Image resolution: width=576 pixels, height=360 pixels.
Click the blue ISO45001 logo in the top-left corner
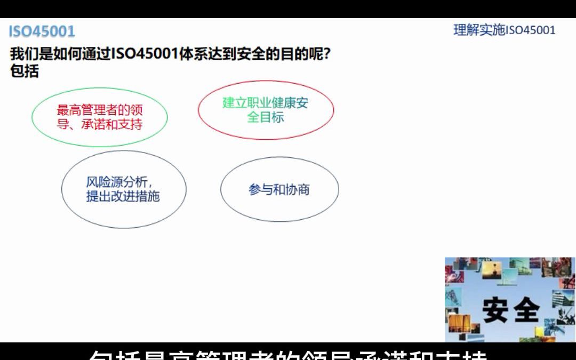coord(42,31)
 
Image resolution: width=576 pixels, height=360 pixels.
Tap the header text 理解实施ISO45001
coord(504,30)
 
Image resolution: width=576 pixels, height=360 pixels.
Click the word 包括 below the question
coord(25,71)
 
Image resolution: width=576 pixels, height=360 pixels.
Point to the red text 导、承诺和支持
coord(100,125)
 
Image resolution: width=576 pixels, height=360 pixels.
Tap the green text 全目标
coord(266,117)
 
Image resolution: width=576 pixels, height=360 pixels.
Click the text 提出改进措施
coord(123,196)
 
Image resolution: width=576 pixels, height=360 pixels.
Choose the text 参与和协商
coord(279,190)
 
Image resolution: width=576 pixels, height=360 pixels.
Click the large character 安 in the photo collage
coord(495,309)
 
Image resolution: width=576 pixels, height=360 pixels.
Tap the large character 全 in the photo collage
coord(525,309)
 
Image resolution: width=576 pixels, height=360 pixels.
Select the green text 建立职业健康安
coord(266,103)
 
